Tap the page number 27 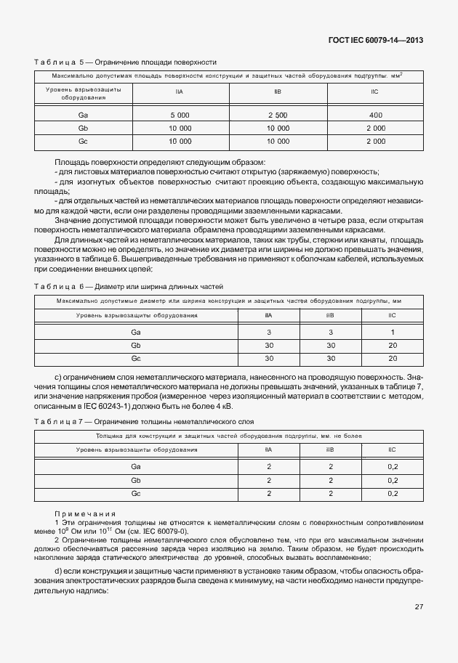pyautogui.click(x=419, y=608)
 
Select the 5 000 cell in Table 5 pyautogui.click(x=180, y=115)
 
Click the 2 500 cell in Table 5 pyautogui.click(x=278, y=115)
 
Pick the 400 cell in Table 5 pyautogui.click(x=375, y=115)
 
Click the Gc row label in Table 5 pyautogui.click(x=83, y=141)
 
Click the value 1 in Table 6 pyautogui.click(x=392, y=331)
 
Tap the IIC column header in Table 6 pyautogui.click(x=392, y=314)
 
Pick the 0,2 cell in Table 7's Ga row pyautogui.click(x=393, y=466)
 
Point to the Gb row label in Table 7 pyautogui.click(x=136, y=480)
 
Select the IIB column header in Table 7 pyautogui.click(x=330, y=450)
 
